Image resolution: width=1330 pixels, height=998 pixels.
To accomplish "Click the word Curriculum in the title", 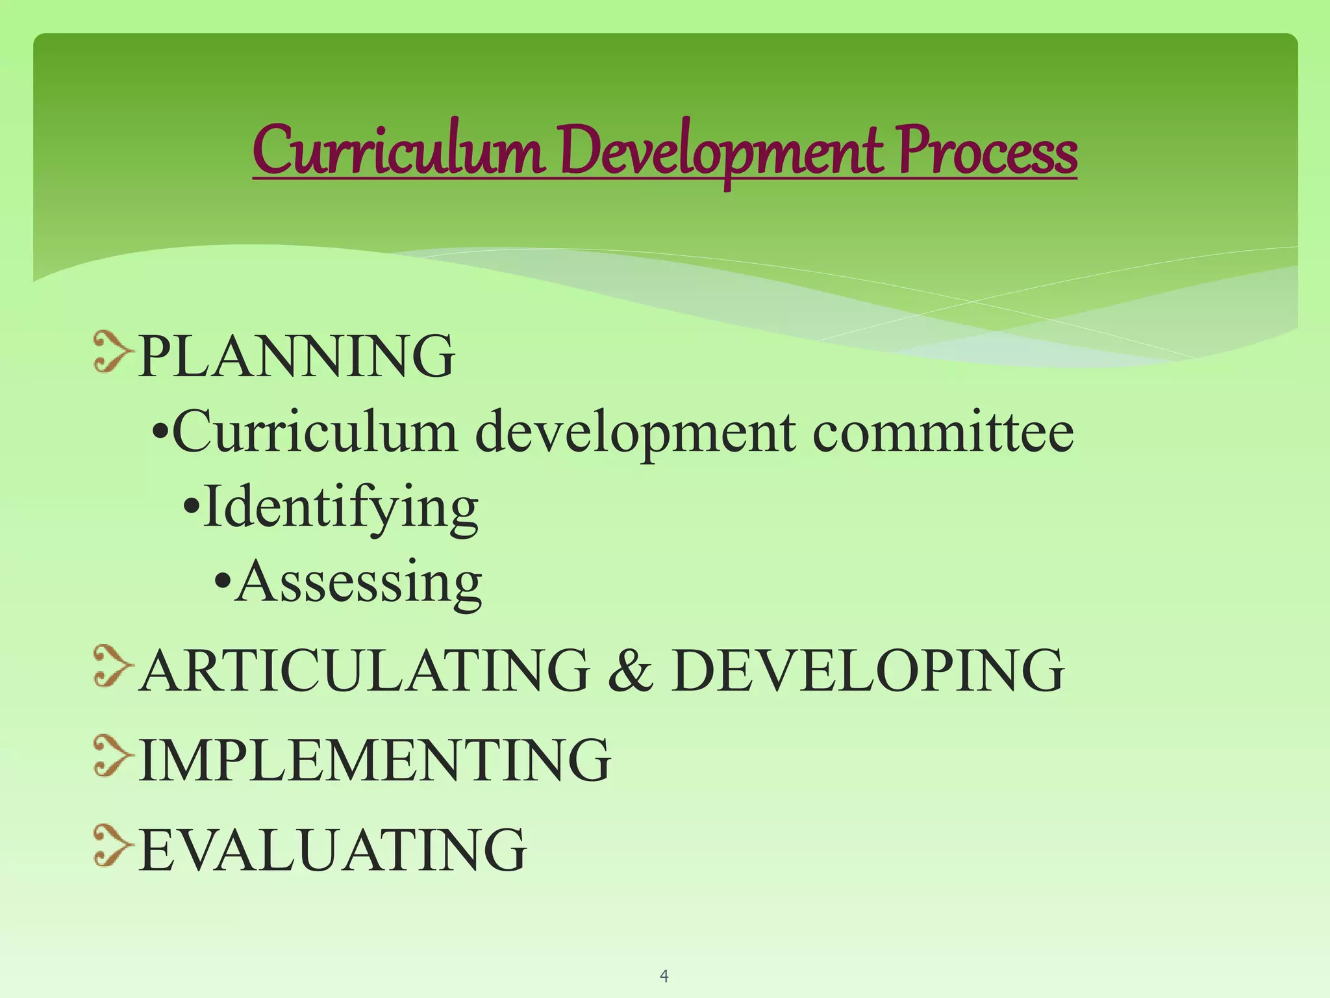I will pos(398,151).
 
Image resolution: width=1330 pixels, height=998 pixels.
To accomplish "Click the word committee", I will pos(943,432).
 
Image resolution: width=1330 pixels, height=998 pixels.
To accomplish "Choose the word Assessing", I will pos(358,582).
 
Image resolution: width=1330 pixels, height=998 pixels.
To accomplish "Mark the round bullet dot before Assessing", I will pos(222,579).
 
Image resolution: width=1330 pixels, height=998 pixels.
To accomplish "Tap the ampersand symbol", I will pos(630,670).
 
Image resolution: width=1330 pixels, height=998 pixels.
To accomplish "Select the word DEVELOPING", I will pos(868,670).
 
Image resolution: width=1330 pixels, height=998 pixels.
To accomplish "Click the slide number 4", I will pos(664,975).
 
